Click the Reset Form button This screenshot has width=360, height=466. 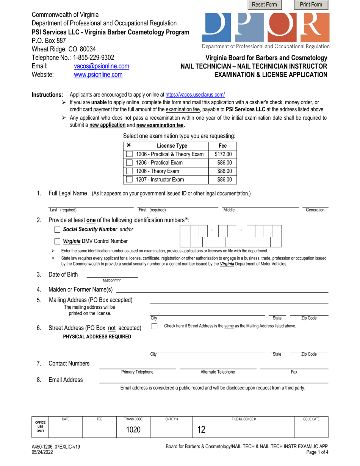(x=265, y=5)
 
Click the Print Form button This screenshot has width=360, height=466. (x=311, y=5)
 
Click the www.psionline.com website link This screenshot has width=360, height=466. (x=98, y=75)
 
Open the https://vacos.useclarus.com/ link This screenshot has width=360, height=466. (x=195, y=95)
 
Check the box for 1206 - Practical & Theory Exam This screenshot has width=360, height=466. (x=129, y=154)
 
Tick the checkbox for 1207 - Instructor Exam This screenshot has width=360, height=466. (x=129, y=180)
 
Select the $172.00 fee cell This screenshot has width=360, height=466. (x=223, y=154)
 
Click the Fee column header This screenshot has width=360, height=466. (x=223, y=145)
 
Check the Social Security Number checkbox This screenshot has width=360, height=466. (x=57, y=229)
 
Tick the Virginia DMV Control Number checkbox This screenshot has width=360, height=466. (x=57, y=241)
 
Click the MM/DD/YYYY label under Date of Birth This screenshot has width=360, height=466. (x=112, y=280)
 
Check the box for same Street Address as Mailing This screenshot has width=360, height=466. (x=154, y=326)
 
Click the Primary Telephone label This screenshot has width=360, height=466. (x=137, y=372)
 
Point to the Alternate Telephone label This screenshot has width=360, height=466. (x=218, y=372)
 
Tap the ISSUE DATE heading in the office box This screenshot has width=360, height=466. (x=311, y=419)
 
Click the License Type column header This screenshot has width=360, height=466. (x=172, y=145)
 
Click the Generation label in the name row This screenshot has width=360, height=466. (x=315, y=210)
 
